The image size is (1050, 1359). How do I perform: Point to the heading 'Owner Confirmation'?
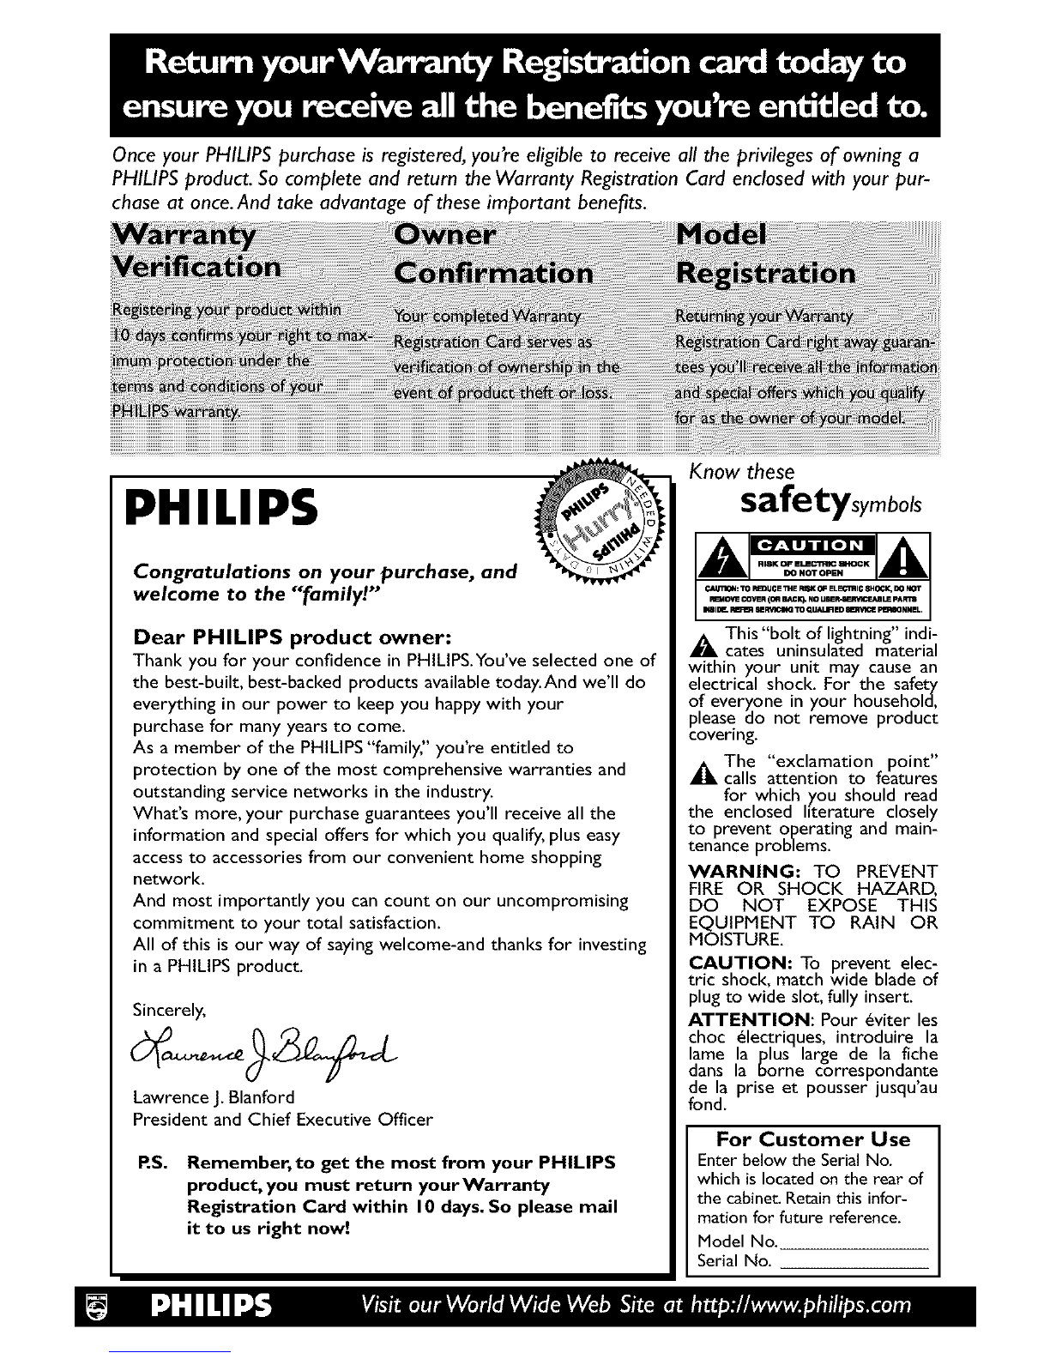(x=492, y=255)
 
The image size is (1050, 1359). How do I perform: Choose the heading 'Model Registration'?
(x=765, y=255)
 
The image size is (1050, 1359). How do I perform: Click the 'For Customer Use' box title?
(x=812, y=1139)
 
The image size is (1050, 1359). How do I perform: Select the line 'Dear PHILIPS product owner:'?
(x=280, y=638)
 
